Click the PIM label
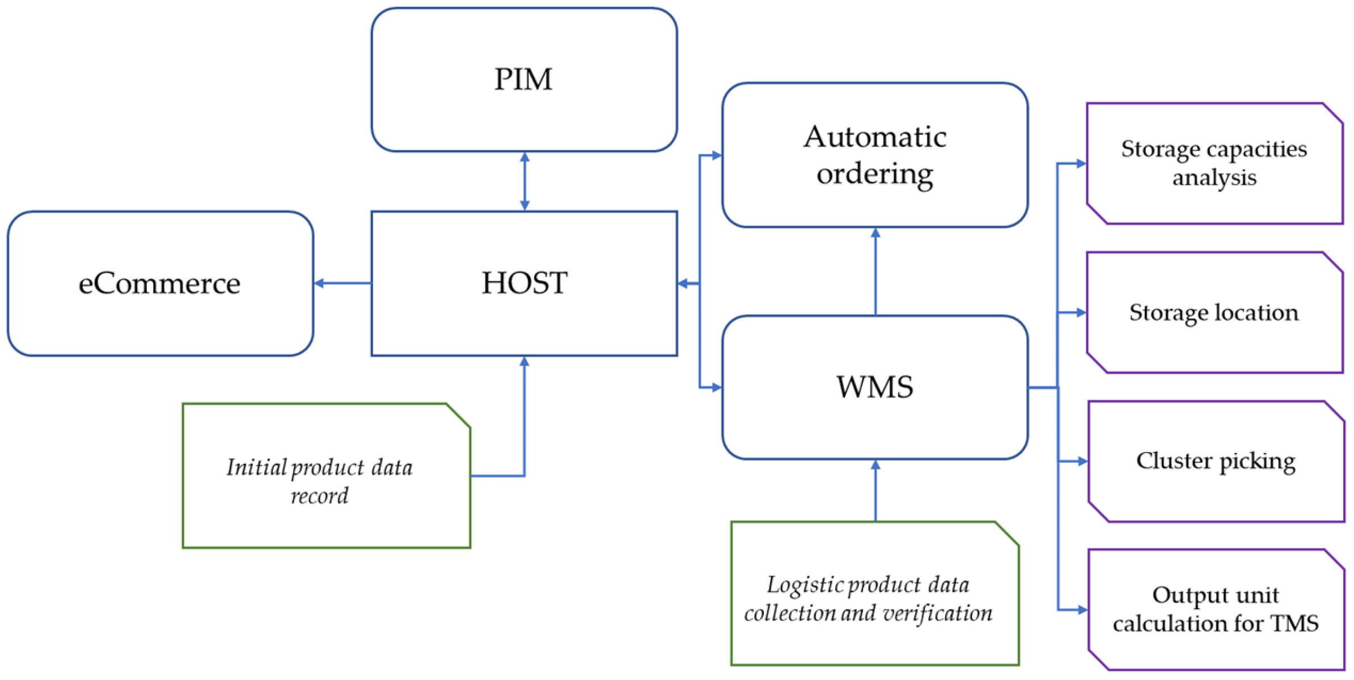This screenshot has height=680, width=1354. pyautogui.click(x=523, y=79)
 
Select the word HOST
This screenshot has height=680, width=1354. pyautogui.click(x=524, y=283)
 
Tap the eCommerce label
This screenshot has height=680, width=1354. pyautogui.click(x=159, y=284)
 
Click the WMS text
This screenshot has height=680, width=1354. pyautogui.click(x=874, y=387)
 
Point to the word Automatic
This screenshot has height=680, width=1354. pyautogui.click(x=874, y=137)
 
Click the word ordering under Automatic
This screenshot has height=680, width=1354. pyautogui.click(x=874, y=174)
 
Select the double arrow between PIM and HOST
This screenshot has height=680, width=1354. pyautogui.click(x=524, y=181)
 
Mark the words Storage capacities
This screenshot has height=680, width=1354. pyautogui.click(x=1213, y=150)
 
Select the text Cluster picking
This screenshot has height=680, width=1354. pyautogui.click(x=1215, y=462)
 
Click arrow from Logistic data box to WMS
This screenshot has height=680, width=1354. pyautogui.click(x=875, y=490)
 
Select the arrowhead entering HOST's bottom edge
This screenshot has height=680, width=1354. pyautogui.click(x=524, y=361)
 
